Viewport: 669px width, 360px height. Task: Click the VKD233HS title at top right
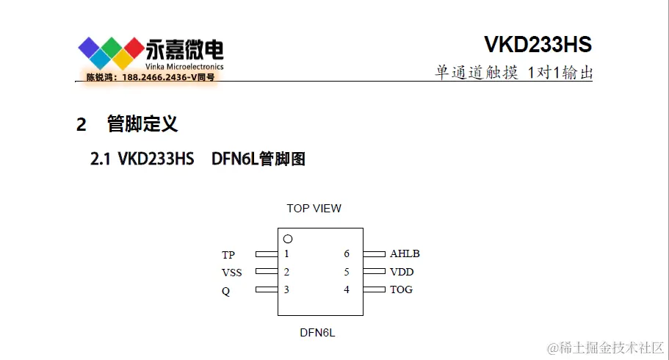538,45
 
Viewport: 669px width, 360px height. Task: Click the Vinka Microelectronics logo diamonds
111,53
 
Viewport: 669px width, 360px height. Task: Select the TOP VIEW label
314,209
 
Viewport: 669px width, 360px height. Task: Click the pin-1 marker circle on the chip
288,239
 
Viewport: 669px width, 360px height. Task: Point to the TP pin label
228,255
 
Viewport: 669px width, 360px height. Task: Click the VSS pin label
231,273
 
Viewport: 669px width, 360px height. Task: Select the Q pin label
225,290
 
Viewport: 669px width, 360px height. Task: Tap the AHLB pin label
405,254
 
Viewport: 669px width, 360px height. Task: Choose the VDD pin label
402,272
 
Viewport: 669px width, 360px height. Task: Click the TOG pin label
401,289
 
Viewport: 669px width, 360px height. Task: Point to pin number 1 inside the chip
286,254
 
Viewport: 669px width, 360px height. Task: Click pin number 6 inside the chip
347,254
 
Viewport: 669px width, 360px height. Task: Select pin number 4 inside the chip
347,289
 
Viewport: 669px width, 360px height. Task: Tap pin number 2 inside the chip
286,272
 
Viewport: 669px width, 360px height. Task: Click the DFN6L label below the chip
317,333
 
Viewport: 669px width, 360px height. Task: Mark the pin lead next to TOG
374,289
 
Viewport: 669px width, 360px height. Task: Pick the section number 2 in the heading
82,124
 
